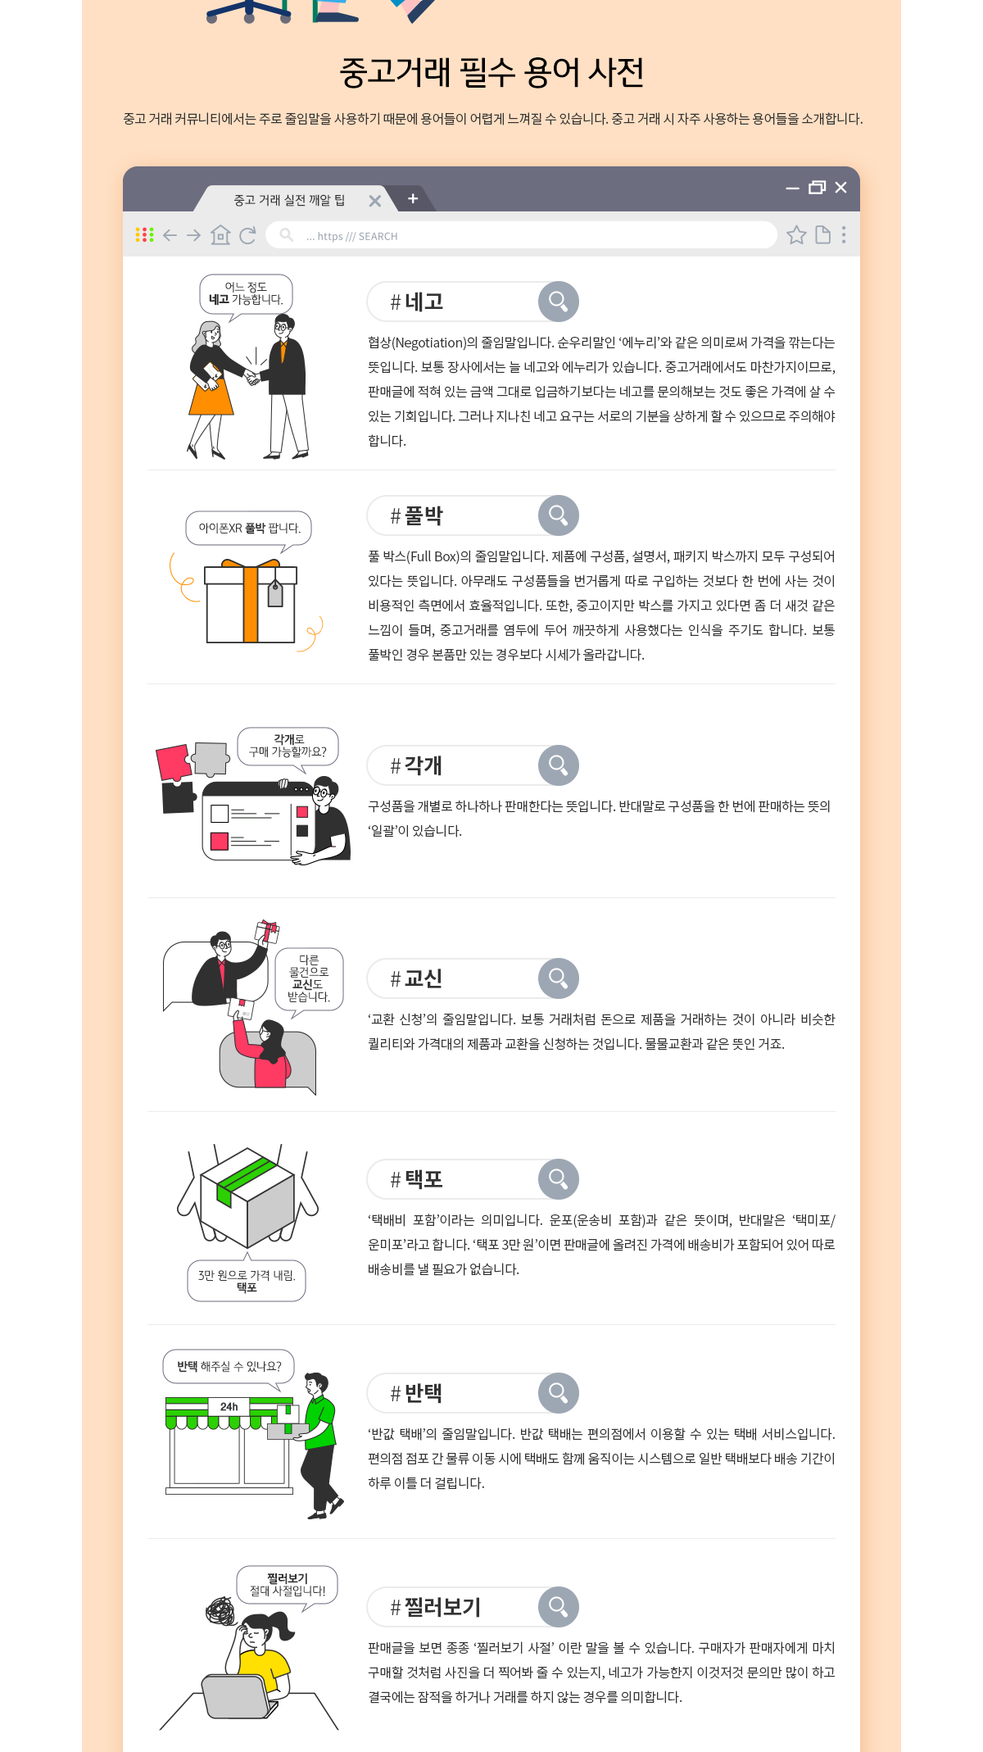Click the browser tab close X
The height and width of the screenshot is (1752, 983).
click(375, 201)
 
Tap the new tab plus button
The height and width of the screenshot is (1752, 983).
click(413, 198)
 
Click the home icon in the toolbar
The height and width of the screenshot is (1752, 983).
click(220, 235)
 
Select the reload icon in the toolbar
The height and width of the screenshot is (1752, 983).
click(247, 235)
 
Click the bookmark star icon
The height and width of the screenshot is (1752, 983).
click(796, 235)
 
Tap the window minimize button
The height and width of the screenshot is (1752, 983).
click(792, 188)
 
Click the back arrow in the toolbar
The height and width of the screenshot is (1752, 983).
click(170, 235)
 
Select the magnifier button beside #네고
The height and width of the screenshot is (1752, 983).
click(559, 302)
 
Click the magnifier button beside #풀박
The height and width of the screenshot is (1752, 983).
click(559, 515)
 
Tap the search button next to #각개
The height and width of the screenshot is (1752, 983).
click(559, 765)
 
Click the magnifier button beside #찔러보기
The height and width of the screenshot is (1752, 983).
click(559, 1607)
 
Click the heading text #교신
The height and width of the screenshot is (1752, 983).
click(416, 978)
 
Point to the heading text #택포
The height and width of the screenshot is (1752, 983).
click(416, 1179)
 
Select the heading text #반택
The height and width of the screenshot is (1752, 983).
click(416, 1393)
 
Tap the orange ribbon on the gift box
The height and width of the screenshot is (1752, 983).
click(251, 602)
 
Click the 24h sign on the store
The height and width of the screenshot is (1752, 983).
click(229, 1406)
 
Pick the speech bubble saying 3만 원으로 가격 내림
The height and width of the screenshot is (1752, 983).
click(247, 1280)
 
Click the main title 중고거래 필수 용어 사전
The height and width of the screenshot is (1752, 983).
click(491, 72)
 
